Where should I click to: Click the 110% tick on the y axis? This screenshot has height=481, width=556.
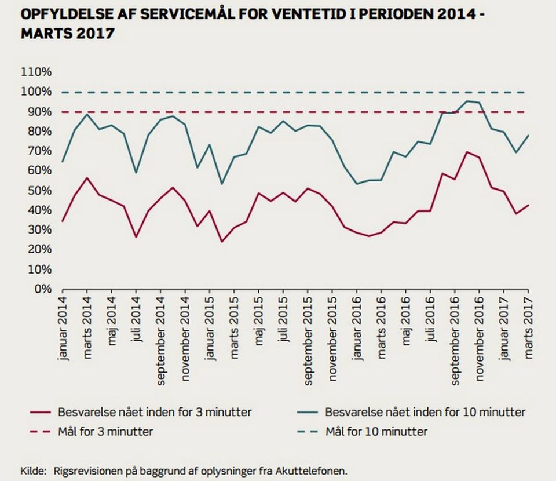point(36,72)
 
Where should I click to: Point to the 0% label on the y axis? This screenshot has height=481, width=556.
point(42,289)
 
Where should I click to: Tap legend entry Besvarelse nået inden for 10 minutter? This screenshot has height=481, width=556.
point(425,413)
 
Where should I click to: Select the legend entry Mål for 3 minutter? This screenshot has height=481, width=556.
point(105,432)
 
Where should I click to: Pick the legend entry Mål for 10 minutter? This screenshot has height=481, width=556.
point(376,432)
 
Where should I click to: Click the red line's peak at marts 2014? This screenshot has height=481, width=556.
point(87,178)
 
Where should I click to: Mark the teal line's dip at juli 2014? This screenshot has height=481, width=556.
point(136,172)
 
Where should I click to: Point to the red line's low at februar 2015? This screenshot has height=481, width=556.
point(222,242)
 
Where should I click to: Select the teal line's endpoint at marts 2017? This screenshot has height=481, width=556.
point(528,135)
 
